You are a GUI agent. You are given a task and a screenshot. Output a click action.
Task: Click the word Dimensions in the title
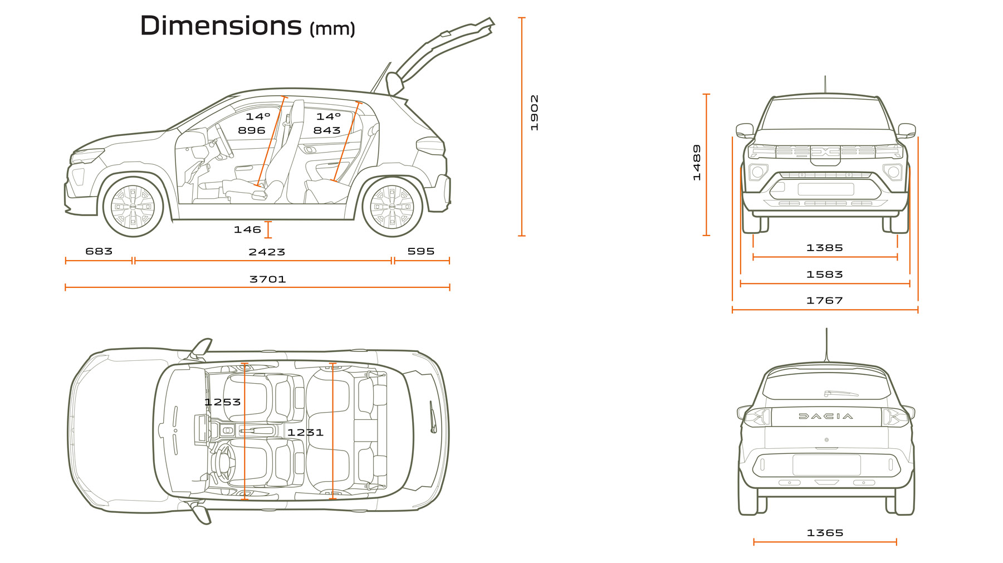[x=221, y=26]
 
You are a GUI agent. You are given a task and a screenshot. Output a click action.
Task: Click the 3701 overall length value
[x=267, y=279]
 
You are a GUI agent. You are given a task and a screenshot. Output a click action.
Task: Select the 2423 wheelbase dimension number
[x=267, y=252]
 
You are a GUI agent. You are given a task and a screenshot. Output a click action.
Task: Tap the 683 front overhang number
[x=99, y=251]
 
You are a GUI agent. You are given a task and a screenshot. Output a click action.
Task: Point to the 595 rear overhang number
[x=420, y=251]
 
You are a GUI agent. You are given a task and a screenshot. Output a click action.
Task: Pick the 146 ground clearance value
[x=247, y=229]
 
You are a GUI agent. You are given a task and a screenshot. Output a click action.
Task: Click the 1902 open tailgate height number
[x=534, y=112]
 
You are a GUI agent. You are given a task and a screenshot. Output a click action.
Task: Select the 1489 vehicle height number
[x=697, y=163]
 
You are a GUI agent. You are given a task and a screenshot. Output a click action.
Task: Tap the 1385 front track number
[x=824, y=248]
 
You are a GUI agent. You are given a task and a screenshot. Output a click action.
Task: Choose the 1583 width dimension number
[x=824, y=275]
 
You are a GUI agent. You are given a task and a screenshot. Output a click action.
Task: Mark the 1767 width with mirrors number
[x=824, y=301]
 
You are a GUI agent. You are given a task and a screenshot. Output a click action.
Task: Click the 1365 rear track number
[x=825, y=533]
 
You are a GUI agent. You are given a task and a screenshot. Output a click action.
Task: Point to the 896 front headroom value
[x=251, y=130]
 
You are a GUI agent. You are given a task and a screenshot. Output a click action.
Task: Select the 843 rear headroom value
[x=326, y=130]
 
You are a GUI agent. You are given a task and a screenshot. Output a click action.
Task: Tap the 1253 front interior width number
[x=222, y=402]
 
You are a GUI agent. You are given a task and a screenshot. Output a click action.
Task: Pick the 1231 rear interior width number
[x=305, y=432]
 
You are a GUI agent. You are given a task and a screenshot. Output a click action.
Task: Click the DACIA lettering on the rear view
[x=825, y=416]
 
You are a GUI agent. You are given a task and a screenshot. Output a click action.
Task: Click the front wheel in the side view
[x=133, y=207]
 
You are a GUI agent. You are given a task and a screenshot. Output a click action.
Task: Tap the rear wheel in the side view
[x=392, y=207]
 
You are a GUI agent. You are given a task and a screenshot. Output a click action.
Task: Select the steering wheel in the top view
[x=224, y=461]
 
